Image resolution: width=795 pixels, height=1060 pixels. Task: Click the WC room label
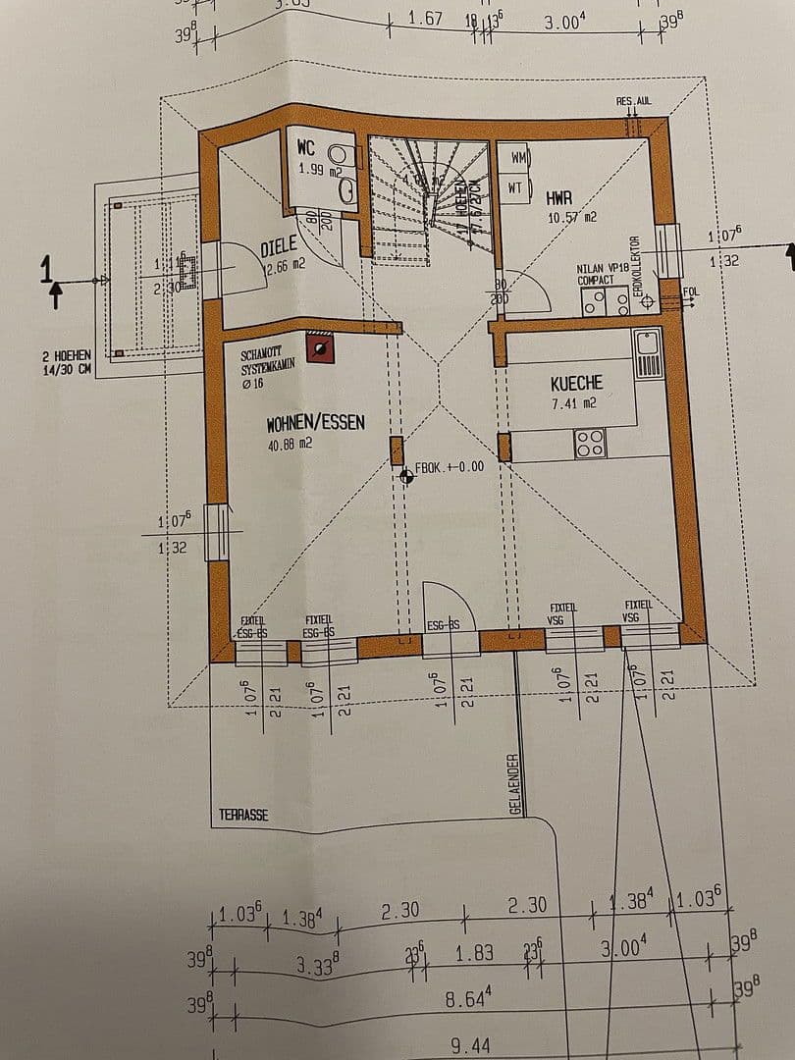[306, 147]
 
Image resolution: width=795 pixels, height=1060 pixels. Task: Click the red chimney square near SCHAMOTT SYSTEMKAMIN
[319, 345]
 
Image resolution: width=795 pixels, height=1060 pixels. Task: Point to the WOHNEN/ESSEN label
[316, 423]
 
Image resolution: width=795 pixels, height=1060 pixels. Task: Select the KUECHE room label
[576, 383]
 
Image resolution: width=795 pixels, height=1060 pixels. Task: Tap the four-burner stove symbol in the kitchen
[589, 445]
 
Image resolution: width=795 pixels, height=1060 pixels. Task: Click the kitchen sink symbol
[649, 353]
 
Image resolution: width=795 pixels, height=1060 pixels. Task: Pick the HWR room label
[559, 197]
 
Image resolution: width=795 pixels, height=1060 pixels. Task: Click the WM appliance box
[518, 157]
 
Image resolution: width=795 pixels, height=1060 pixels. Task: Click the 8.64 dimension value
[468, 1001]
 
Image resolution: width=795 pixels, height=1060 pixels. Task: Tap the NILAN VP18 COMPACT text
[603, 273]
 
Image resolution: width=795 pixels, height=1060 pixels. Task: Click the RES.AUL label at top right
[633, 102]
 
